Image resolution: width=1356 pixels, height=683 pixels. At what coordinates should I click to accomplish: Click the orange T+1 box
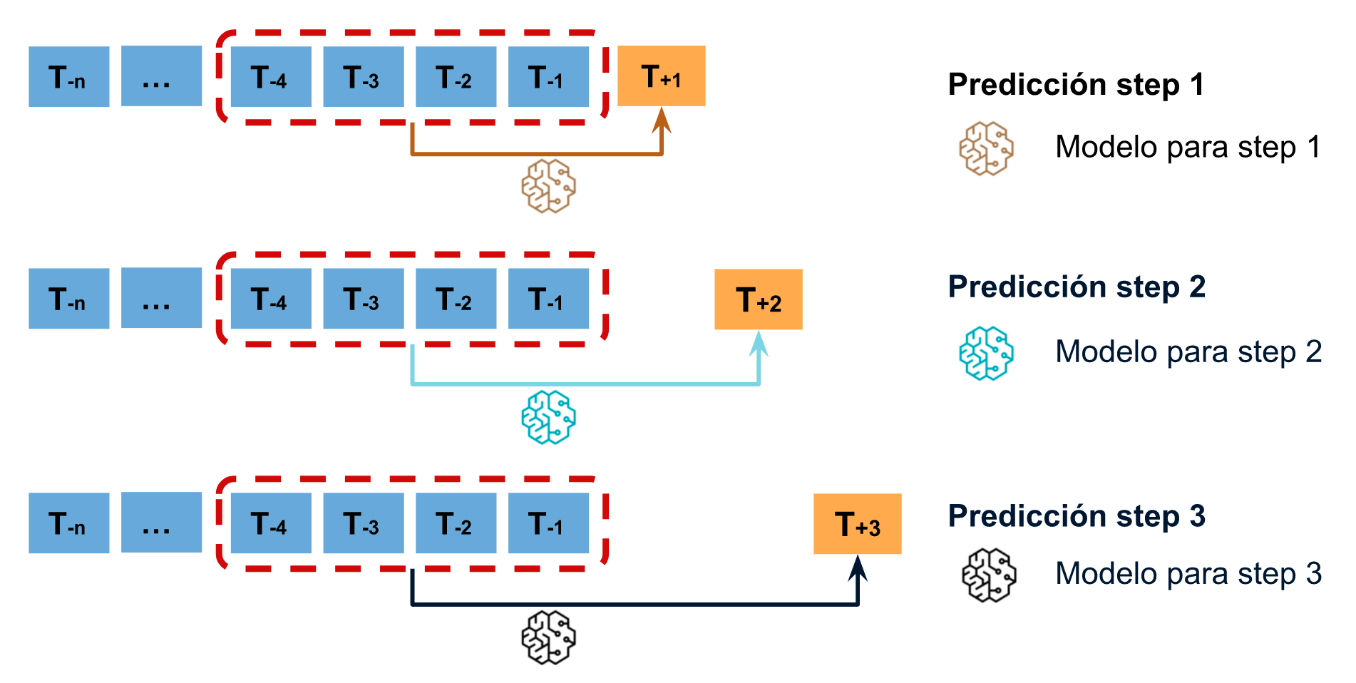pyautogui.click(x=661, y=76)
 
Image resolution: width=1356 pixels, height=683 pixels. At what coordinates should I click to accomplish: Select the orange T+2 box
pyautogui.click(x=758, y=299)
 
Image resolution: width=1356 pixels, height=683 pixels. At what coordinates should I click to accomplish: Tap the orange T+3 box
pyautogui.click(x=857, y=524)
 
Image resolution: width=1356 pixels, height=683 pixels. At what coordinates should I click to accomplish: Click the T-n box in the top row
pyautogui.click(x=68, y=77)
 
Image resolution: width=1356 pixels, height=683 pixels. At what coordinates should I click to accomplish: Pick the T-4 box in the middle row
pyautogui.click(x=271, y=299)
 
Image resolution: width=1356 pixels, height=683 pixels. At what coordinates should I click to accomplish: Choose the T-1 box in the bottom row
pyautogui.click(x=548, y=523)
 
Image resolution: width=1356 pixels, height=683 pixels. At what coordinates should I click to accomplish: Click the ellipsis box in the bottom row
pyautogui.click(x=161, y=523)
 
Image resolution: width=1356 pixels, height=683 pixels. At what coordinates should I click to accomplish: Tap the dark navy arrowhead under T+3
pyautogui.click(x=858, y=568)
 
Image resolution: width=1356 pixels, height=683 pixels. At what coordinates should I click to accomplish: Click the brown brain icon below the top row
pyautogui.click(x=548, y=186)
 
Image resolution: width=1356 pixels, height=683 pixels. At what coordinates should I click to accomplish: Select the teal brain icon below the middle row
pyautogui.click(x=548, y=417)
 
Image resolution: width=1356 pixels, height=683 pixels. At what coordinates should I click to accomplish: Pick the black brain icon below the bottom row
pyautogui.click(x=548, y=637)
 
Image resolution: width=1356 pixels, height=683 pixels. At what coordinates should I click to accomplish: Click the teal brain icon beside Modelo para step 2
pyautogui.click(x=986, y=353)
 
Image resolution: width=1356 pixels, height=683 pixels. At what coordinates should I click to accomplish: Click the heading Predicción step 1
pyautogui.click(x=1076, y=84)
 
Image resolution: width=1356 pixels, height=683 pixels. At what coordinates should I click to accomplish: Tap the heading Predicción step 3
pyautogui.click(x=1077, y=515)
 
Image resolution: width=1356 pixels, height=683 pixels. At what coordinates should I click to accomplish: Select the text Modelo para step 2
pyautogui.click(x=1188, y=351)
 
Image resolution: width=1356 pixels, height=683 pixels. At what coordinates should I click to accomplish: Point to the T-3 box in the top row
pyautogui.click(x=364, y=77)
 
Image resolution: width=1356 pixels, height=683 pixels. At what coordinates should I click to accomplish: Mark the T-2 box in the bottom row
pyautogui.click(x=456, y=523)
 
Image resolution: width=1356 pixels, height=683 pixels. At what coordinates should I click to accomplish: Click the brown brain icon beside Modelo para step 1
pyautogui.click(x=986, y=148)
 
